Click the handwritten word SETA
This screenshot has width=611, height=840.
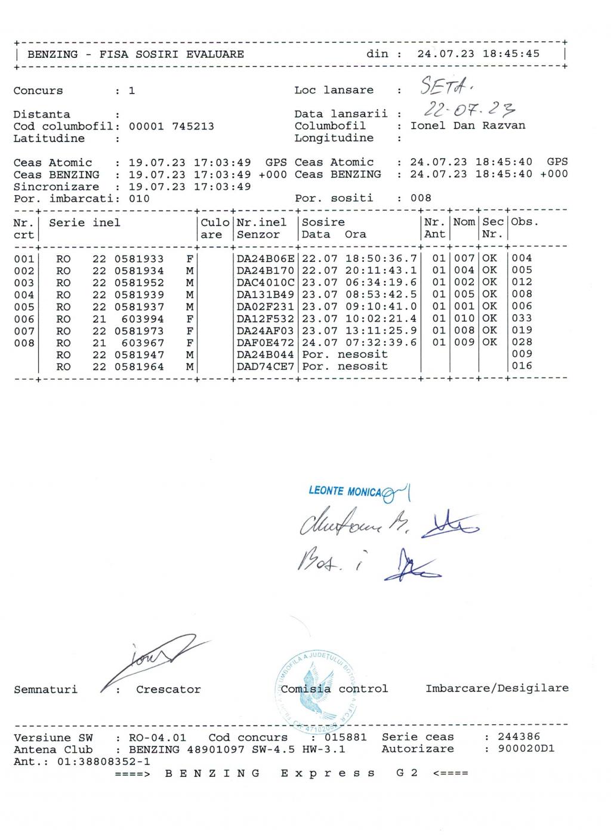(x=447, y=88)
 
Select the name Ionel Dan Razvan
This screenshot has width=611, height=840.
(x=468, y=126)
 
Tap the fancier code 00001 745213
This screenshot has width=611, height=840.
(x=171, y=126)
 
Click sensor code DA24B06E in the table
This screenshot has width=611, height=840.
(x=266, y=258)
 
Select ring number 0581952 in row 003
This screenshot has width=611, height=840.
(x=139, y=282)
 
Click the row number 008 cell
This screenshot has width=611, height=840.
(x=24, y=342)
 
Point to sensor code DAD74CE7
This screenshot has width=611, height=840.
(x=266, y=366)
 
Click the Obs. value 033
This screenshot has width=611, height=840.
(x=521, y=318)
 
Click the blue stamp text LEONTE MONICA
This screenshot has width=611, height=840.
(x=344, y=491)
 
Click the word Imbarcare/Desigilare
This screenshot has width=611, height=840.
(x=496, y=688)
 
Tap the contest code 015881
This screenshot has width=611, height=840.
(x=346, y=737)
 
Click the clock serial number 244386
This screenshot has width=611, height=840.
(x=519, y=737)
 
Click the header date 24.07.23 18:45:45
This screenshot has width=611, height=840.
(x=478, y=54)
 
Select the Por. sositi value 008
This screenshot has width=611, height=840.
(x=421, y=198)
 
